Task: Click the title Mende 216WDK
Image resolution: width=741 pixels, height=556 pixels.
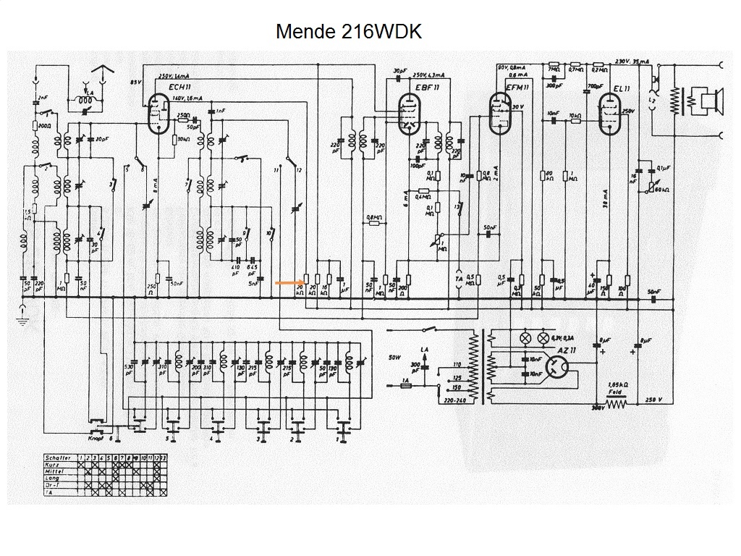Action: (348, 32)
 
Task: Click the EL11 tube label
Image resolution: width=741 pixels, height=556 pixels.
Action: (622, 88)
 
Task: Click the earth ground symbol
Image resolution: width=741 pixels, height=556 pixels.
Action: (23, 316)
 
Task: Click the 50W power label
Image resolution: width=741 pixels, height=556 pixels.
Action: (394, 358)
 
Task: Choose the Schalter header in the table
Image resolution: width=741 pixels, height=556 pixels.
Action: (58, 458)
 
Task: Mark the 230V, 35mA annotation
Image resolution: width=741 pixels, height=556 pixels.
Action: (631, 61)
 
